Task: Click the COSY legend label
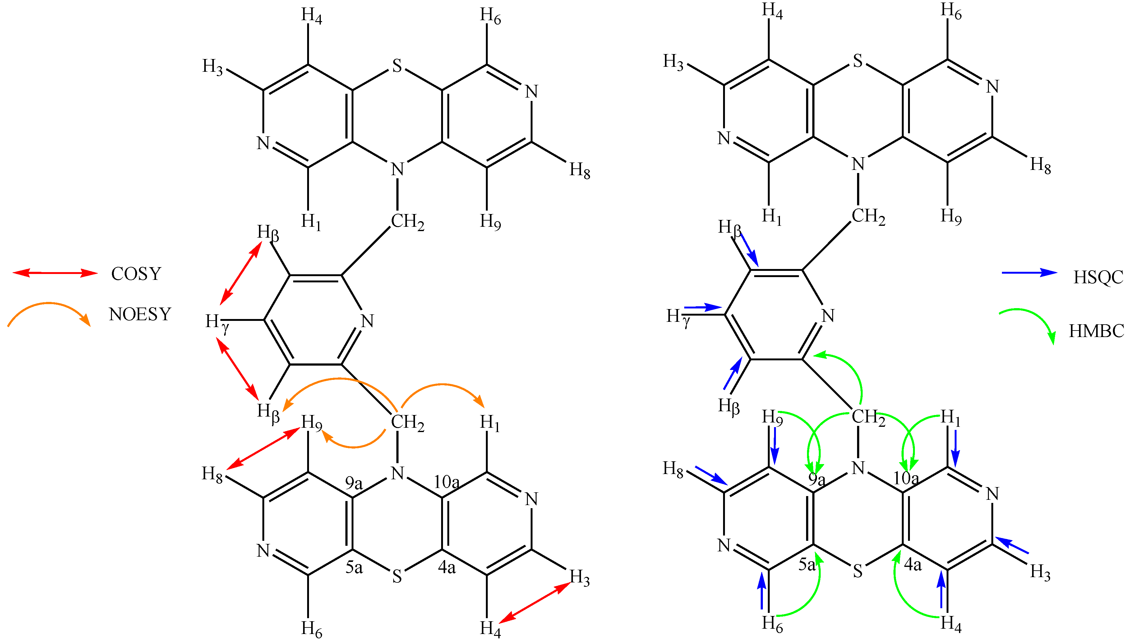point(136,274)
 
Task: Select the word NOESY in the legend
point(140,314)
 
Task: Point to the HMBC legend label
point(1096,331)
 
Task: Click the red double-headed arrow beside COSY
point(55,273)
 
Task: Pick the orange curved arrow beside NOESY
point(48,305)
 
